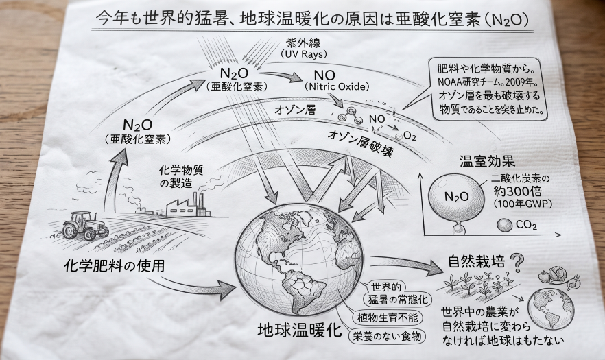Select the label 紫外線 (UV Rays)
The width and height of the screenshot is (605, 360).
tap(303, 47)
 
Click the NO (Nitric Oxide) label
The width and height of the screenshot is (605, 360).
tap(336, 80)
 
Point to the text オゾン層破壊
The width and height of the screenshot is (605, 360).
tap(361, 143)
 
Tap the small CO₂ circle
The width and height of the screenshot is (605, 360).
tap(504, 226)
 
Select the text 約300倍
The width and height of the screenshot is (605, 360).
tap(518, 191)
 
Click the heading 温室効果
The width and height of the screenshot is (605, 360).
tap(487, 161)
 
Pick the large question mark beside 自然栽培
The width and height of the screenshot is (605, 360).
tap(517, 263)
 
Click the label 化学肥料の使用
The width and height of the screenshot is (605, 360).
tap(114, 265)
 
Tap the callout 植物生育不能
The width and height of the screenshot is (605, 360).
tap(388, 317)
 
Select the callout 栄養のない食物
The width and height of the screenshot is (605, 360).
tap(388, 336)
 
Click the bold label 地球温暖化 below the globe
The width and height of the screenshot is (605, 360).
tap(300, 330)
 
